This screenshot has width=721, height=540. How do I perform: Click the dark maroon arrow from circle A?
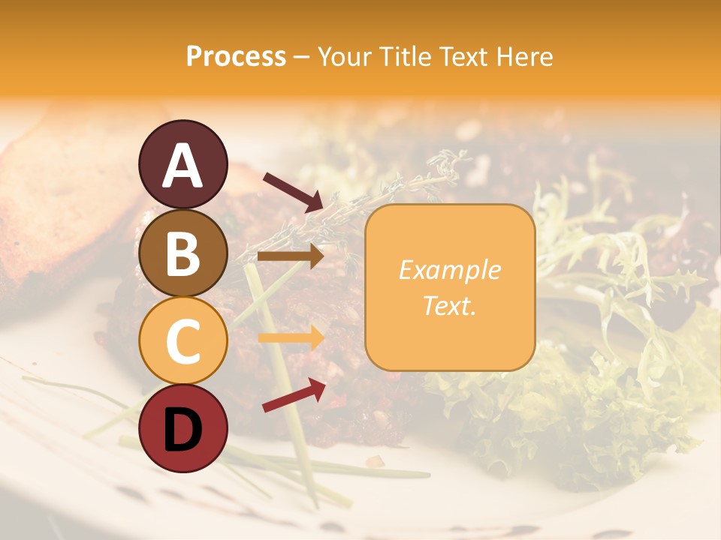[292, 191]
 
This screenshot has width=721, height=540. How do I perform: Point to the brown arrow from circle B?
[290, 256]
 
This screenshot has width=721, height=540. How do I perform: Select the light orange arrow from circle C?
[290, 338]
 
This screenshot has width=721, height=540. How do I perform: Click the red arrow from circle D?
[294, 395]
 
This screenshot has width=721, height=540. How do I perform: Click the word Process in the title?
[236, 57]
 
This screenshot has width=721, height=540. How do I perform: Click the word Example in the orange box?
[449, 270]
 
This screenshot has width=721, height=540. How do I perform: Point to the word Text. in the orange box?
[449, 305]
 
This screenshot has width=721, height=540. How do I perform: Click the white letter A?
[183, 166]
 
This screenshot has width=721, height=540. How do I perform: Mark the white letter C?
[183, 340]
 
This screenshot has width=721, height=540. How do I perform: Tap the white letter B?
[183, 253]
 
